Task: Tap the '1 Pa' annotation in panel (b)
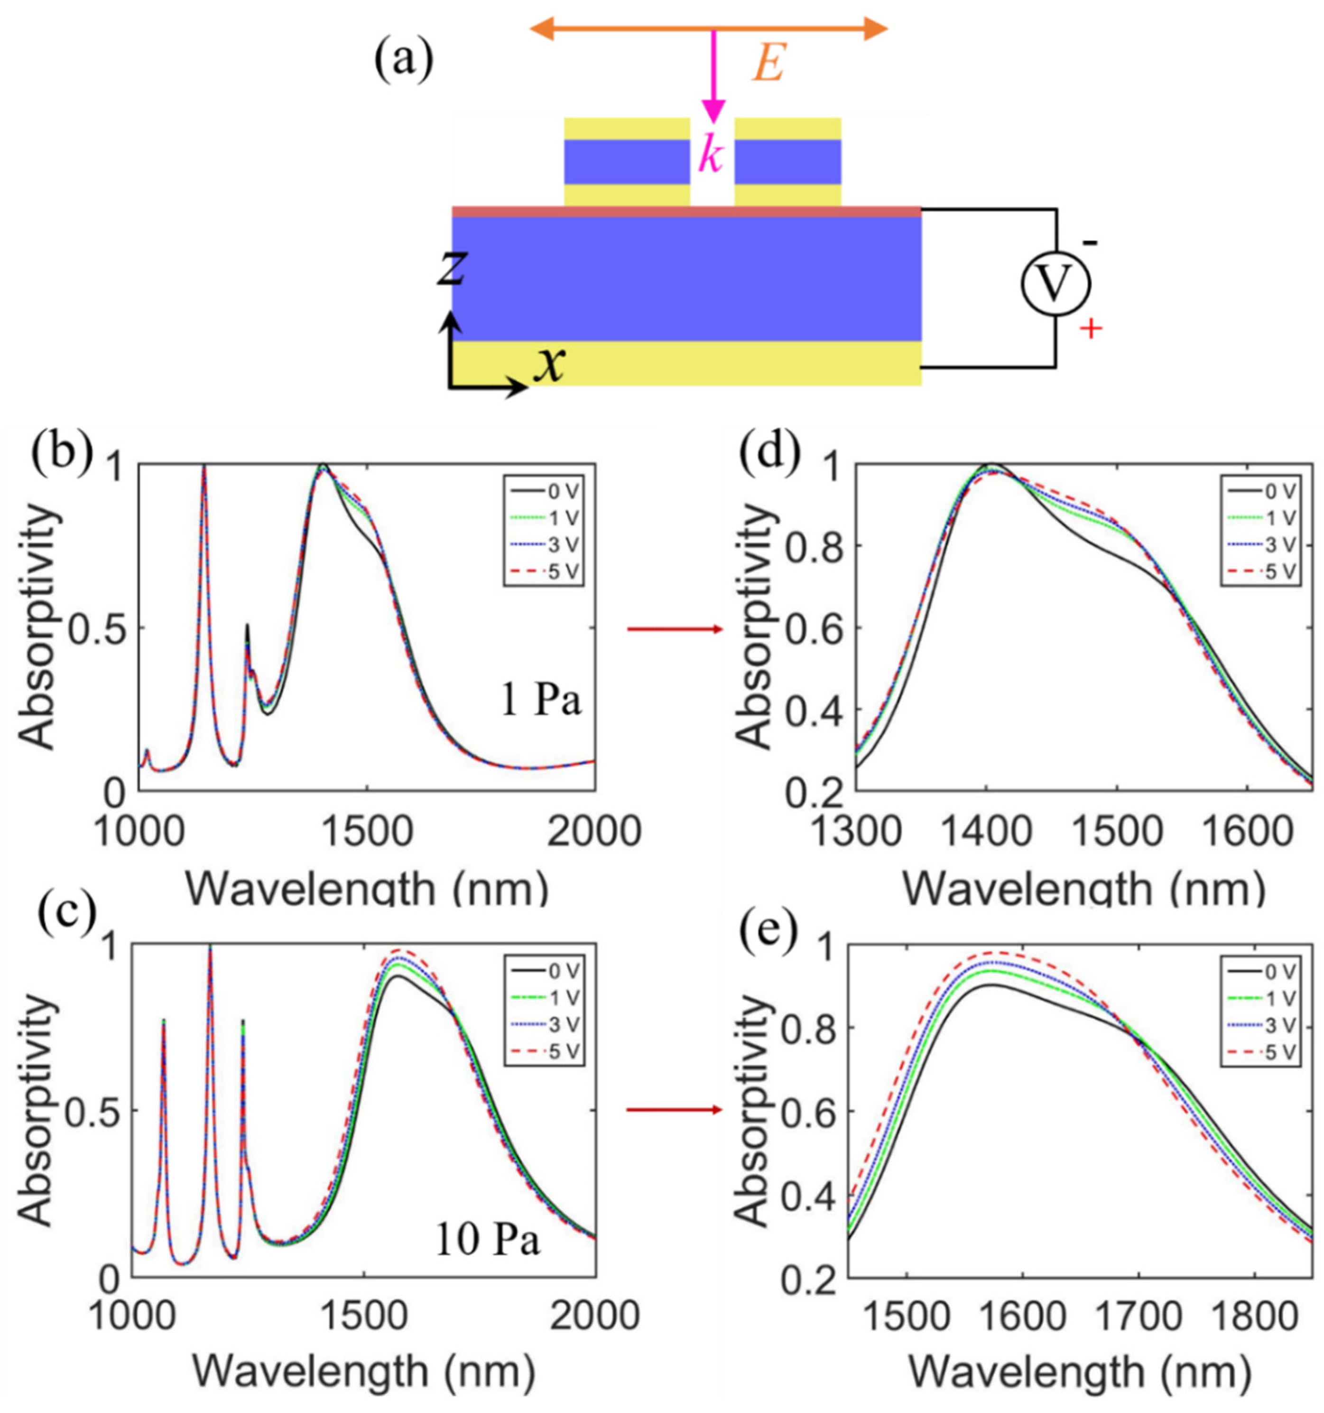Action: pos(540,702)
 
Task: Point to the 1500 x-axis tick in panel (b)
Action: pos(367,830)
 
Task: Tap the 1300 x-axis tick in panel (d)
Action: pos(856,830)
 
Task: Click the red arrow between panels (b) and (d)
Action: pos(674,628)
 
